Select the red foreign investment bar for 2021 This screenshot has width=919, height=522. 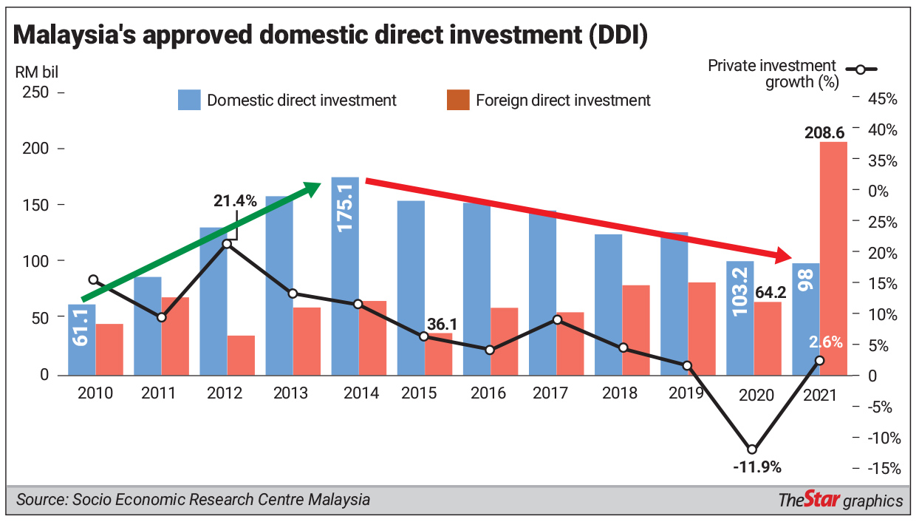[833, 259]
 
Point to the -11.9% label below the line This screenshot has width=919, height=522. [756, 467]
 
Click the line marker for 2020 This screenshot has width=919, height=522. [752, 449]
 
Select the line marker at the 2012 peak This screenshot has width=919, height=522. [228, 243]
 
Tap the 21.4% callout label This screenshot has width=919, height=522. [235, 200]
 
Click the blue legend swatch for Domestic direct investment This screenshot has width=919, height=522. [189, 100]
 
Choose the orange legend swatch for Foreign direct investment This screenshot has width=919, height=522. [458, 100]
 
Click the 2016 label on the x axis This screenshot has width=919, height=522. [488, 393]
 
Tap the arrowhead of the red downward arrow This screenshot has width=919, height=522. [786, 257]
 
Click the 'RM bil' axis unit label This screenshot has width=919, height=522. [37, 72]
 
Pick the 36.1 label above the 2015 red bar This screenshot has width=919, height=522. [443, 325]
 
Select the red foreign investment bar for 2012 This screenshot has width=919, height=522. [241, 356]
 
